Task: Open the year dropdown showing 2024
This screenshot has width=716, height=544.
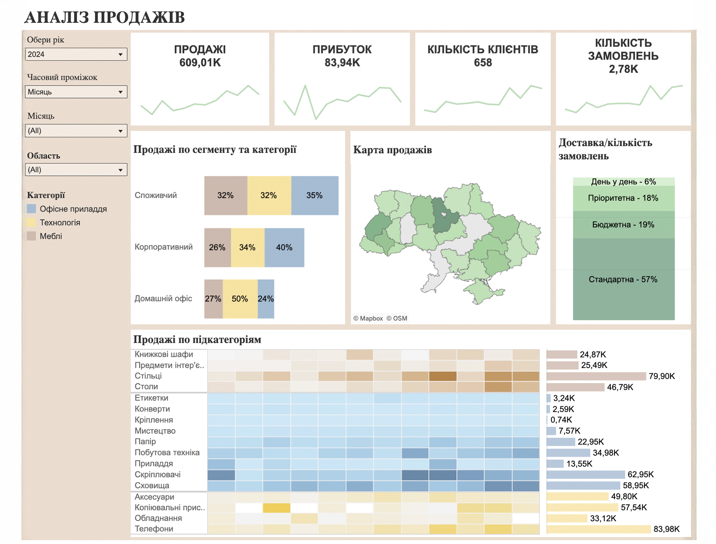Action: point(76,54)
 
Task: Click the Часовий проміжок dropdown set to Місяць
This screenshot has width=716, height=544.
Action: point(76,92)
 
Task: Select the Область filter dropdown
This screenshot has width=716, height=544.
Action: point(76,170)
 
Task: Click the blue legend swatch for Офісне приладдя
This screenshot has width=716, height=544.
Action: point(32,209)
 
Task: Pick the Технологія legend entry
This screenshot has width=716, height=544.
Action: point(60,223)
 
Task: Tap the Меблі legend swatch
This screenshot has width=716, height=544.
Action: point(32,236)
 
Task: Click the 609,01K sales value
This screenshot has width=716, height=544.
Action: point(200,63)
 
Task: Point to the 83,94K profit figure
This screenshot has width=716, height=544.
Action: point(342,63)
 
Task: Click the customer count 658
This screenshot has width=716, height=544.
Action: point(483,63)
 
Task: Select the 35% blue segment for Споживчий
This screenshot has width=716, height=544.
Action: point(314,195)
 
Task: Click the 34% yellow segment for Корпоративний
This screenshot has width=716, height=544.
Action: point(247,247)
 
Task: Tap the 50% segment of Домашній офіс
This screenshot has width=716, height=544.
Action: point(240,299)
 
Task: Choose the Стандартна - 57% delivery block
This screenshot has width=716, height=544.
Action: point(623,279)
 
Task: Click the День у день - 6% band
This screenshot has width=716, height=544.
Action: point(623,182)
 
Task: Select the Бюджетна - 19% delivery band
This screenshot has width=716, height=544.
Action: point(623,225)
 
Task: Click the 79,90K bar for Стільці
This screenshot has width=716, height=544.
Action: point(596,376)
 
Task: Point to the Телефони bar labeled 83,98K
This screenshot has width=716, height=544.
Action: point(598,529)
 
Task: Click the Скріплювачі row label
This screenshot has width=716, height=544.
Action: point(158,475)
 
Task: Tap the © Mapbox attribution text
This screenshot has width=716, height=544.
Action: point(368,318)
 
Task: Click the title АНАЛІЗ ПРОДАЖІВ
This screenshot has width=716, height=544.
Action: point(104,18)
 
